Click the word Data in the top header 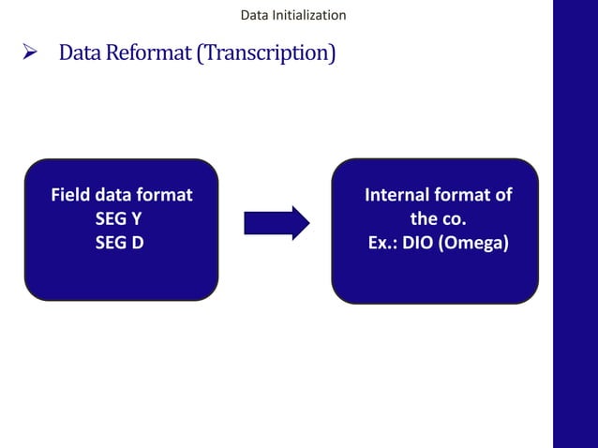[254, 15]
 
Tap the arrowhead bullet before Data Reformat [29, 52]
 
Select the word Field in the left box [69, 195]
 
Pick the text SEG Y [120, 218]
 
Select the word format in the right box [464, 195]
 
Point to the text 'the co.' [437, 218]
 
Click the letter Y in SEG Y [139, 218]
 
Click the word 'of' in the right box [503, 195]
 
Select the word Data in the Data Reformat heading [80, 53]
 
